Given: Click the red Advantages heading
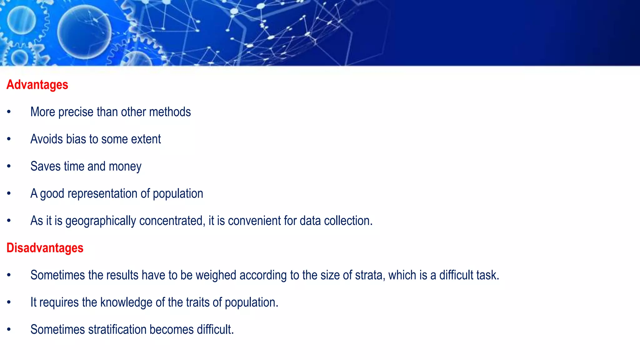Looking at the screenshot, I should [x=37, y=85].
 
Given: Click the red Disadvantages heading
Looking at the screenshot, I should [x=45, y=248].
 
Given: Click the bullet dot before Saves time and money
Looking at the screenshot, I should [x=9, y=166].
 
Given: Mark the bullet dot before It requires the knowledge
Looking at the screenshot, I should [x=9, y=302].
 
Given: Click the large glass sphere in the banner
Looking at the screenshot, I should [x=84, y=32].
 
